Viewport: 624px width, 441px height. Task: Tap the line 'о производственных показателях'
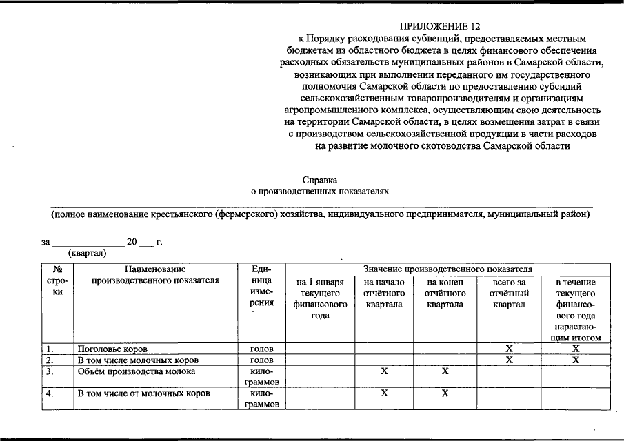pos(320,192)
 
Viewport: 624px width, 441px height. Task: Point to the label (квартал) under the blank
pos(88,253)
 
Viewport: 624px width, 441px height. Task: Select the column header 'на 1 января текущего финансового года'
pos(320,298)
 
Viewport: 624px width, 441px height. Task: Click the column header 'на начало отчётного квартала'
pos(384,294)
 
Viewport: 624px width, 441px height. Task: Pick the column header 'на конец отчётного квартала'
pos(445,294)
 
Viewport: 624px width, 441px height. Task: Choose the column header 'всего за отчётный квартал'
pos(508,294)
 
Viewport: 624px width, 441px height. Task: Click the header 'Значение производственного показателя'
pos(448,269)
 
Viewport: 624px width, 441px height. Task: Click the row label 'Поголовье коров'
pos(112,349)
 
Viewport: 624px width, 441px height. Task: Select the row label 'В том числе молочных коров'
pos(138,360)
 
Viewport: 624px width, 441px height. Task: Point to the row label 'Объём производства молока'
pos(136,371)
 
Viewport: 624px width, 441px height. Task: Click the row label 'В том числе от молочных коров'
pos(143,393)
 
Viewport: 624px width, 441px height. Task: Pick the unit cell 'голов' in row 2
pos(262,360)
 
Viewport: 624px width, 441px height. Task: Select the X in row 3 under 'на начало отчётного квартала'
pos(384,371)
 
